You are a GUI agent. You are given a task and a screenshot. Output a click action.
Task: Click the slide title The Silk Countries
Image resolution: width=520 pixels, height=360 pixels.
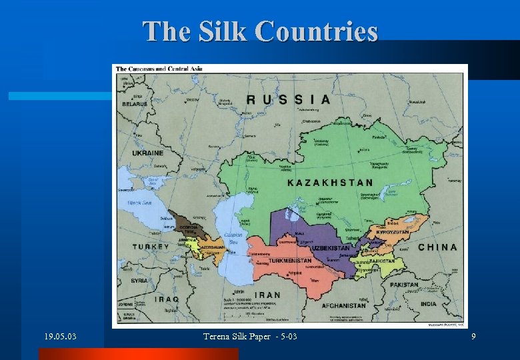[260, 31]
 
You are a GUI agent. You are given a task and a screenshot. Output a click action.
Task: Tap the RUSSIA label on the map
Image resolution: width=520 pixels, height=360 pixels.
[288, 99]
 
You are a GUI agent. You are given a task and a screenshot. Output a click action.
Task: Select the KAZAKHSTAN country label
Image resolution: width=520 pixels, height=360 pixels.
[330, 182]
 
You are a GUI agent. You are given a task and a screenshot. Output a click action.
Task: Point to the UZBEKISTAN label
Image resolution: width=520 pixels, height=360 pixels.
[331, 248]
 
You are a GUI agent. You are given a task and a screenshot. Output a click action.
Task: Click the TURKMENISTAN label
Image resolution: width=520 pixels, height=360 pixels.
[289, 261]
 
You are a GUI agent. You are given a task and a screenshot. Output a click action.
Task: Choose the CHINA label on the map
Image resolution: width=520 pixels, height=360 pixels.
[437, 247]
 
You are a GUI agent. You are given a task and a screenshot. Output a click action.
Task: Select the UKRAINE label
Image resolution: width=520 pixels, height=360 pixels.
[147, 153]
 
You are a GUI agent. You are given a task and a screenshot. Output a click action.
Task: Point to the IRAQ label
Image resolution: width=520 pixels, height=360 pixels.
[167, 299]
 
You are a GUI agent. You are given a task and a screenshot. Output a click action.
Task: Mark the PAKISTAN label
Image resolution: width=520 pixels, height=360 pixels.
[404, 285]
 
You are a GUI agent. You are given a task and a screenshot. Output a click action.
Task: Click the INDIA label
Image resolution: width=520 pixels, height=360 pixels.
[429, 304]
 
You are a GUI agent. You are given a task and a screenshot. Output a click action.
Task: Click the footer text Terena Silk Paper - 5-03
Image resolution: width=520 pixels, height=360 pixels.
[250, 337]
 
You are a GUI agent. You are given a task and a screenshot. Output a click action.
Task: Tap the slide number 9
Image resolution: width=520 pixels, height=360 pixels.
[473, 337]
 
